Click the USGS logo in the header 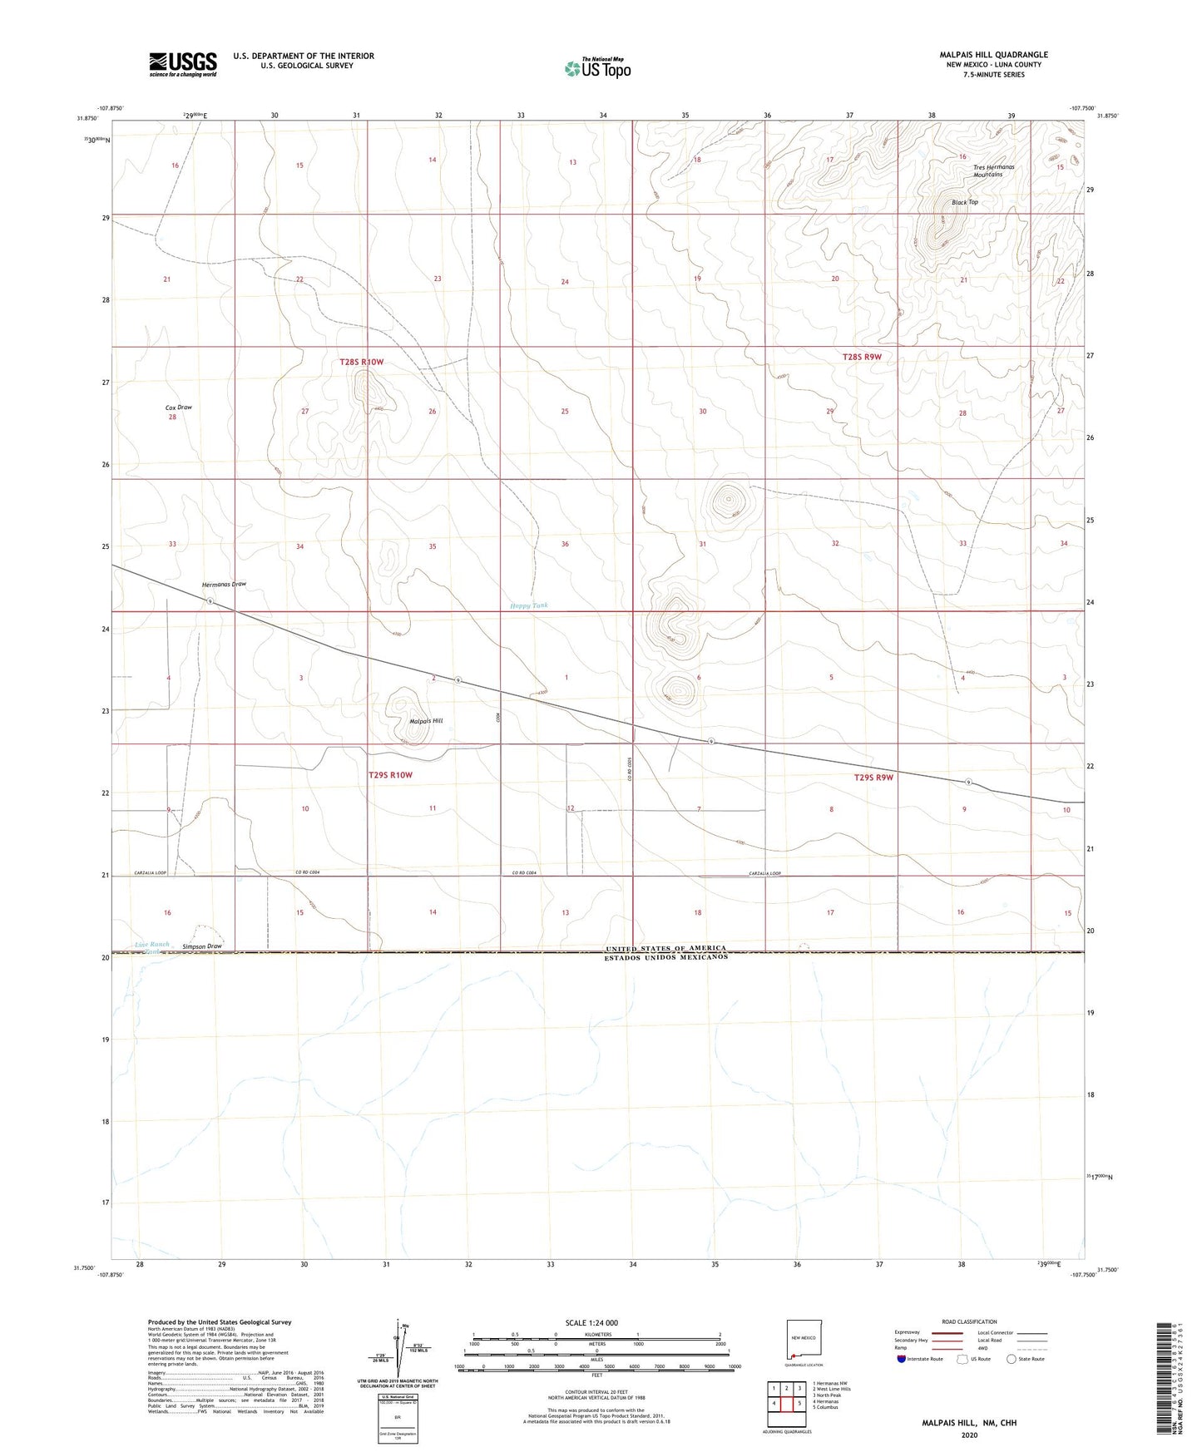[x=183, y=64]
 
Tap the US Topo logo [x=597, y=68]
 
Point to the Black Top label [x=965, y=202]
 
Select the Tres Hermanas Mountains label [x=993, y=170]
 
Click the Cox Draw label [x=179, y=407]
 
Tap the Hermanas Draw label [x=225, y=584]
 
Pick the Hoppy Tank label [x=529, y=605]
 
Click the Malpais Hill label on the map [x=426, y=721]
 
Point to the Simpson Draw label [x=202, y=946]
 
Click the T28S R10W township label [x=362, y=362]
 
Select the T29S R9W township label [x=873, y=778]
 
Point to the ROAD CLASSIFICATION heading [x=969, y=1321]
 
